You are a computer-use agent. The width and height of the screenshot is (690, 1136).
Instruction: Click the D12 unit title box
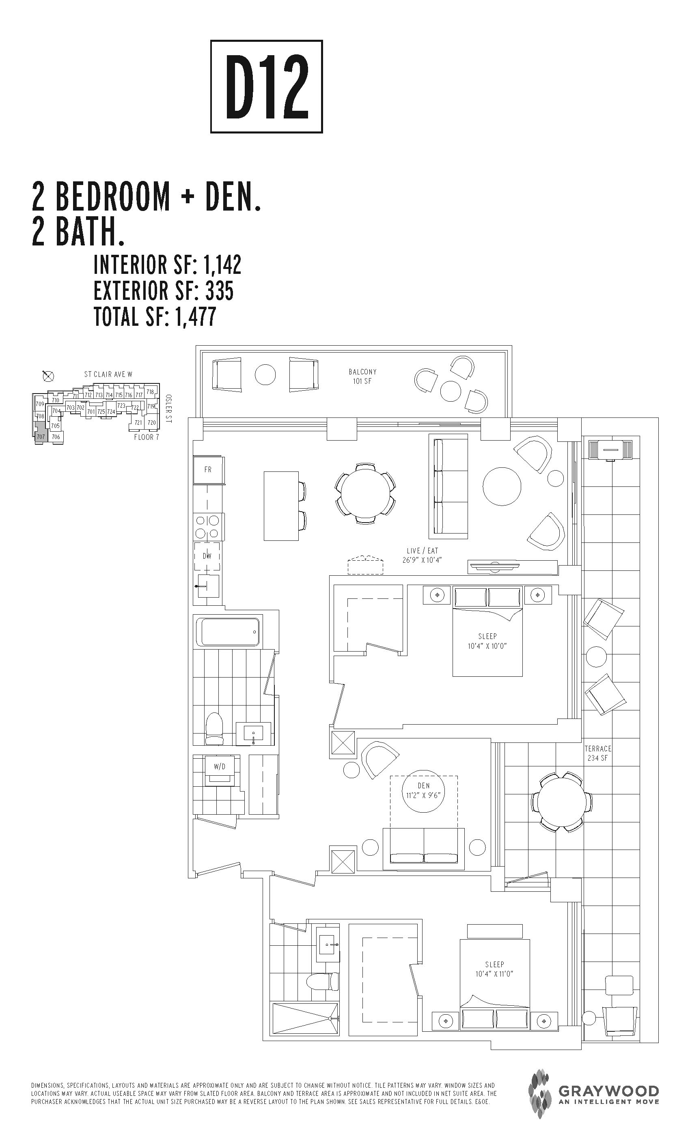click(x=266, y=87)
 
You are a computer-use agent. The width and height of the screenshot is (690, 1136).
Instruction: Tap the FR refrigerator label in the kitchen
click(x=207, y=469)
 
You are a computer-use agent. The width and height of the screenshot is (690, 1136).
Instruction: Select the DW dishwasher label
click(x=207, y=556)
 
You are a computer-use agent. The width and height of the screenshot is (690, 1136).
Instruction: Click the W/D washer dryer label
click(x=220, y=767)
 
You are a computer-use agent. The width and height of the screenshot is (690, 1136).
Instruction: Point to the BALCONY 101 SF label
click(x=362, y=376)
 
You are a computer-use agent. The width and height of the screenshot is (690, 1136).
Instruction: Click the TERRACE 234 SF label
click(x=598, y=753)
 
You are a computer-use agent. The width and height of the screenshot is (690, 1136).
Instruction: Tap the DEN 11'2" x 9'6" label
click(x=423, y=790)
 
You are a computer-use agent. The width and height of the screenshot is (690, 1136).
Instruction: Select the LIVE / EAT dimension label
click(x=423, y=555)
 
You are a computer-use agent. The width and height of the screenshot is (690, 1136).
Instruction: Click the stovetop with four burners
click(x=207, y=527)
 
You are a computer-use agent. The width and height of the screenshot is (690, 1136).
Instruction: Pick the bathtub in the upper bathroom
click(x=228, y=632)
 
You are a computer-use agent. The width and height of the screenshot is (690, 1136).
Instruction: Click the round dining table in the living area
click(x=365, y=493)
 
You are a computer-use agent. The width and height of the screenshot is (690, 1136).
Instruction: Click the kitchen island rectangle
click(x=281, y=505)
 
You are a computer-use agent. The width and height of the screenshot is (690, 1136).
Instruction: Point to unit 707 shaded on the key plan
click(x=41, y=436)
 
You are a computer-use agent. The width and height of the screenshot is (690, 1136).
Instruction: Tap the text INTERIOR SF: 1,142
click(x=167, y=265)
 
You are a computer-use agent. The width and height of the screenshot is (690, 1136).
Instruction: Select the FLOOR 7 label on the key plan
click(x=146, y=437)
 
